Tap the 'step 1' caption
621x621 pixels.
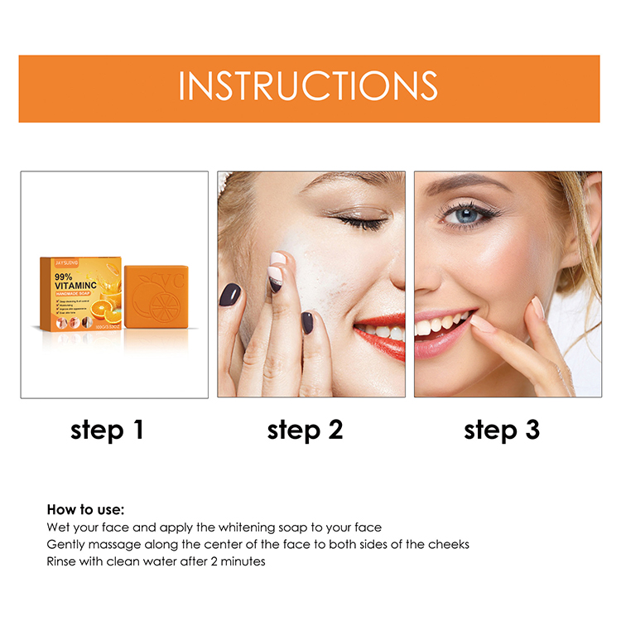[x=108, y=430]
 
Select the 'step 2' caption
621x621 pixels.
[x=305, y=430]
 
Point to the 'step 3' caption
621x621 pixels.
[x=502, y=430]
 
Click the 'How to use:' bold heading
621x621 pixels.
[x=85, y=509]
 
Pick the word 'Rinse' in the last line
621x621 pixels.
[x=62, y=561]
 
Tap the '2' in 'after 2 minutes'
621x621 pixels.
[x=197, y=561]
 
